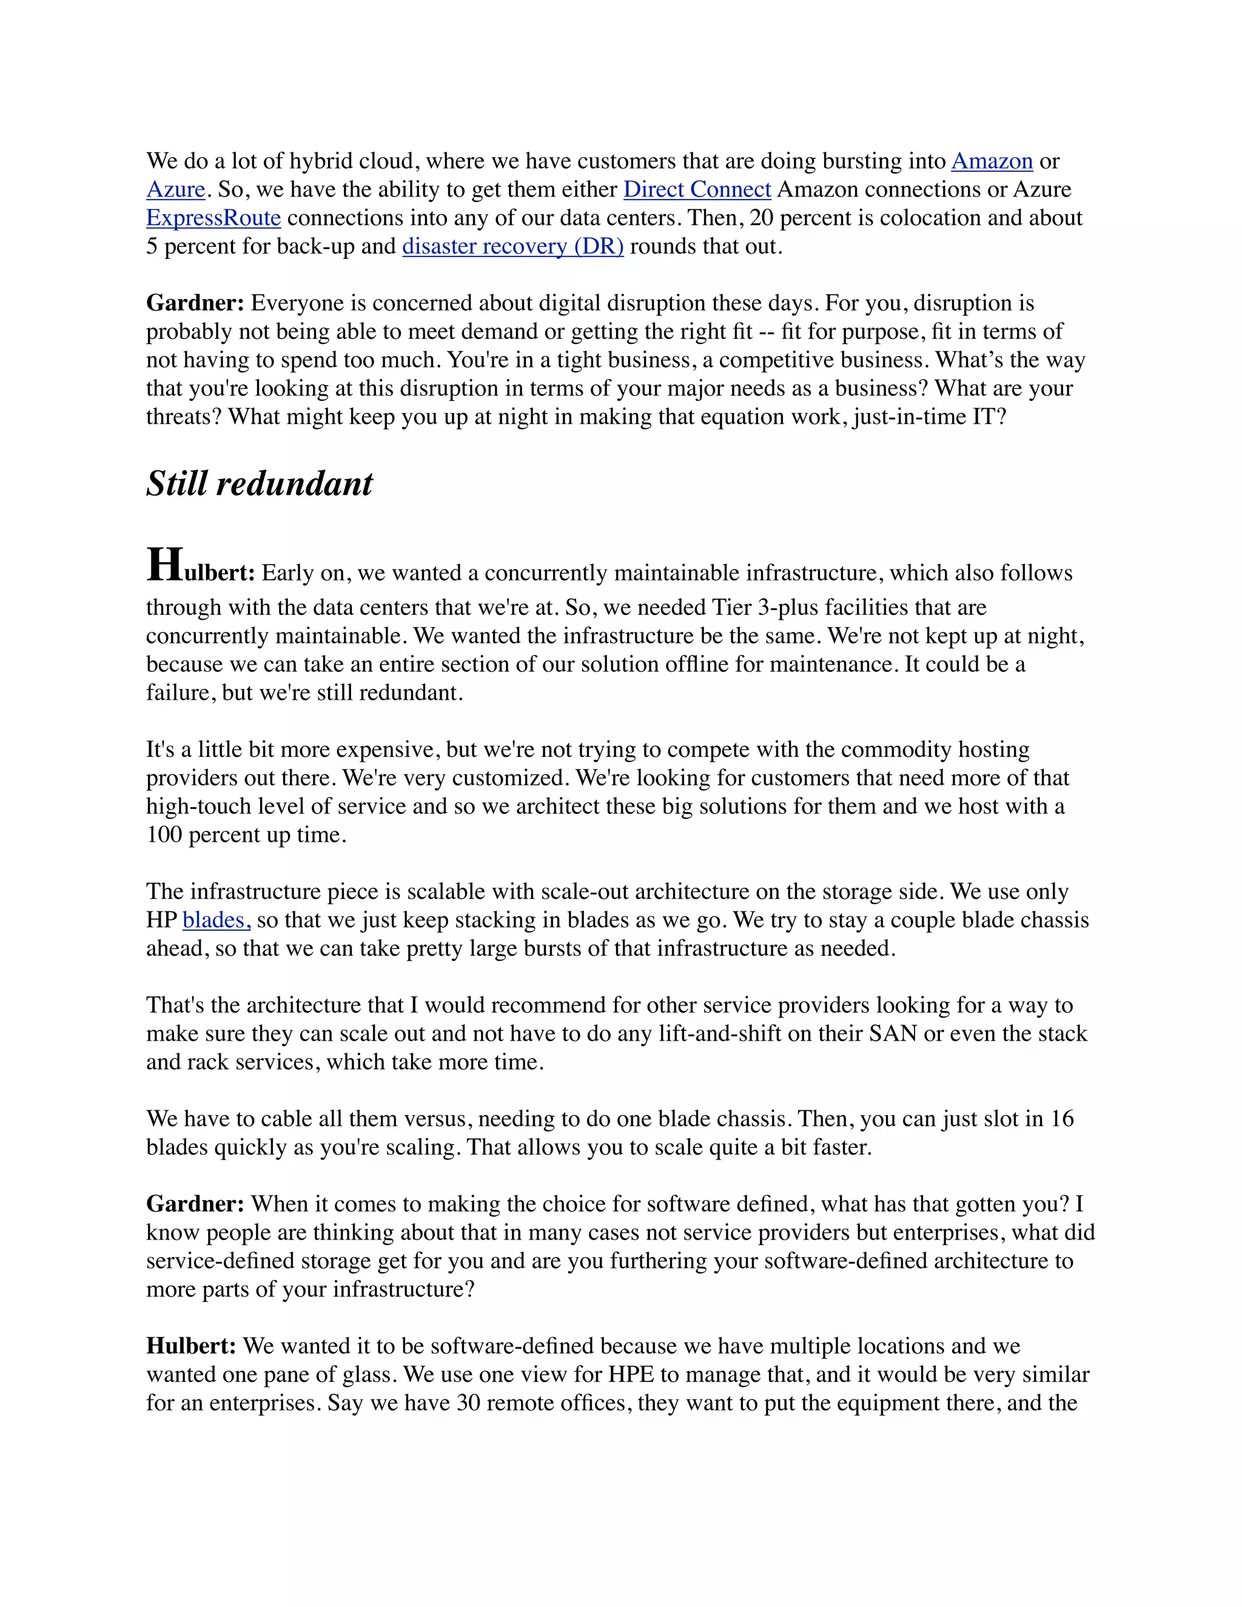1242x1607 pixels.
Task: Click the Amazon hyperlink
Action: (x=991, y=161)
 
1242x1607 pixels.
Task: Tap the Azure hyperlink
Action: (x=175, y=190)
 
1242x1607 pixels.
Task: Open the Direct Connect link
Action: (x=697, y=190)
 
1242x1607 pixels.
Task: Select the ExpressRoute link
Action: (x=213, y=218)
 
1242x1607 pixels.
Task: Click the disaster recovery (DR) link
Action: (x=513, y=246)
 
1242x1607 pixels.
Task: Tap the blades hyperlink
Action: (x=217, y=921)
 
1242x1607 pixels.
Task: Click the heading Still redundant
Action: (x=259, y=484)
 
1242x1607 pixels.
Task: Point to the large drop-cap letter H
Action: (x=164, y=566)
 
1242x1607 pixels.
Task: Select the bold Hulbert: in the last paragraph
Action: (x=191, y=1346)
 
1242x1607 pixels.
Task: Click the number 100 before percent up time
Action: (x=163, y=835)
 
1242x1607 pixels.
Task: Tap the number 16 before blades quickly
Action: (x=1062, y=1119)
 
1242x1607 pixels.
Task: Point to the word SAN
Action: (x=893, y=1034)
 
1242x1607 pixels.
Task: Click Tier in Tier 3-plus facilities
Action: (x=731, y=608)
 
